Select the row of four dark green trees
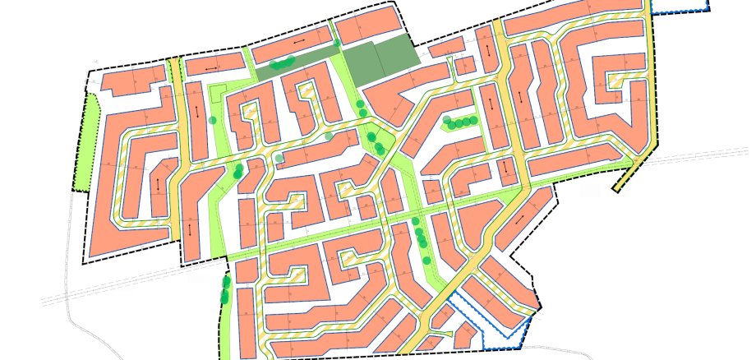tap(463, 122)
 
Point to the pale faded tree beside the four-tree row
tap(445, 120)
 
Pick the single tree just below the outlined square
tap(213, 120)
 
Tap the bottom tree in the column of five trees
tap(426, 260)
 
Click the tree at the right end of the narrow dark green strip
tap(337, 44)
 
